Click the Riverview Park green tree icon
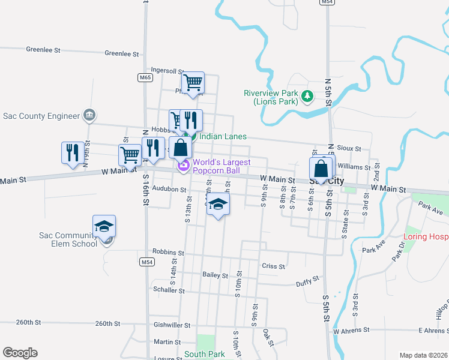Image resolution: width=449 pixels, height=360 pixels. tap(307, 95)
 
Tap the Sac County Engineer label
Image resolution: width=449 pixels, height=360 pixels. tap(41, 116)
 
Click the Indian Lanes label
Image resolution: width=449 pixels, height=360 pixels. tap(223, 136)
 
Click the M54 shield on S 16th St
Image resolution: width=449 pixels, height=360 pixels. tap(146, 262)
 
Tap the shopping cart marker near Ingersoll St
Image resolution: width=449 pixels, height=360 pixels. tap(193, 83)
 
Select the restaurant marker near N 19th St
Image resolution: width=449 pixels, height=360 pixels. tap(73, 152)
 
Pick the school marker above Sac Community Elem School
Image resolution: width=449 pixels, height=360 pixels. tap(104, 227)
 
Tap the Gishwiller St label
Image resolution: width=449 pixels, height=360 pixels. tap(172, 325)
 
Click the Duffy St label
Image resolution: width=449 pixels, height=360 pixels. tap(308, 283)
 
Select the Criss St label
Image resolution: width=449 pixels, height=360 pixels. tap(273, 265)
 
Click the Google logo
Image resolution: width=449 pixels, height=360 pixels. tap(20, 353)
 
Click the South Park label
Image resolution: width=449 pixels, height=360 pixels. tap(205, 354)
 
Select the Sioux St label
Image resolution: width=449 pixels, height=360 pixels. tap(349, 148)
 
